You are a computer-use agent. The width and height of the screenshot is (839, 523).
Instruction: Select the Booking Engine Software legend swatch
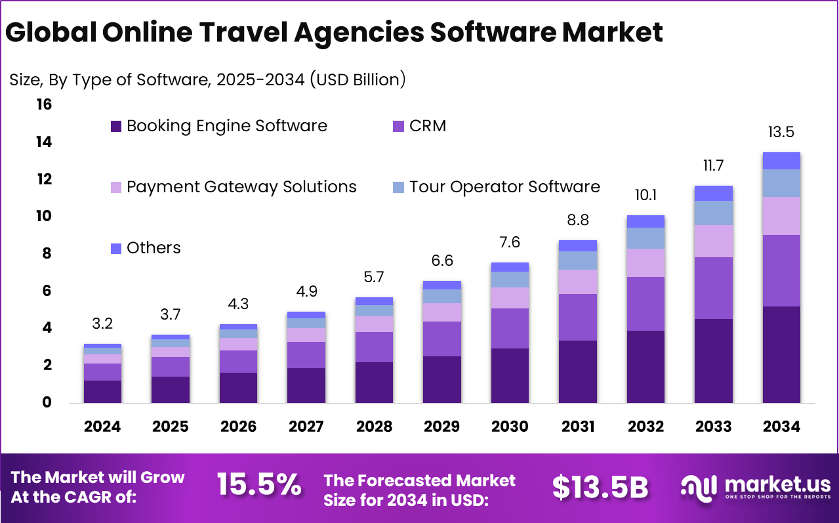(x=116, y=126)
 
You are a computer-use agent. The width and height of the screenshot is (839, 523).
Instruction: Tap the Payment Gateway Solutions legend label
(x=241, y=187)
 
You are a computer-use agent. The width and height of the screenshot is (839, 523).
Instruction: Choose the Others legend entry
(x=153, y=248)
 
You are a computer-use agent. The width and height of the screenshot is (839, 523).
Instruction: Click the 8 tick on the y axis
(x=47, y=254)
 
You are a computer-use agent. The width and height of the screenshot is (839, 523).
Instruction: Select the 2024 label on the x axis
(x=102, y=427)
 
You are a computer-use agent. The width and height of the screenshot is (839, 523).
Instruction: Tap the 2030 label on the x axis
(x=510, y=427)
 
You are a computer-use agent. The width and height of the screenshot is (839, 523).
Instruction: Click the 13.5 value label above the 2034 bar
(x=781, y=132)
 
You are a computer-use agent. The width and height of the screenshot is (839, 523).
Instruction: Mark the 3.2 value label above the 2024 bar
(x=102, y=324)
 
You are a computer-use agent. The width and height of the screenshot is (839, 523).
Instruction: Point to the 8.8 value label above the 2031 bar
(x=577, y=220)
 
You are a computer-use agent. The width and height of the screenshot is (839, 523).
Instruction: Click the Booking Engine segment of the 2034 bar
(x=781, y=354)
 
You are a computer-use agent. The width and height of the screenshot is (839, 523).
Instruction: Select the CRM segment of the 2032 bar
(x=645, y=303)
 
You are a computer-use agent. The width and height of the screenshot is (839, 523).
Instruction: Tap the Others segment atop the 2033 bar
(x=713, y=193)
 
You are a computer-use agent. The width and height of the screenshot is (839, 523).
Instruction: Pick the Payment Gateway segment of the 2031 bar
(x=577, y=282)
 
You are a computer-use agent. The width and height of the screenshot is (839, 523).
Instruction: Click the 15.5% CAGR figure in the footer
(x=259, y=486)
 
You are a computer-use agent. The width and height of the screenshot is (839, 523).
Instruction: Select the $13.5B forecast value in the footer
(x=600, y=487)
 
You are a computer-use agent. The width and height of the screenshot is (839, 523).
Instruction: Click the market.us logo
(x=755, y=486)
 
